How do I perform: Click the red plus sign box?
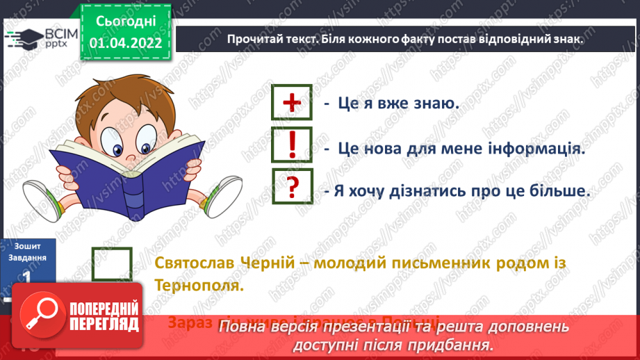click(293, 104)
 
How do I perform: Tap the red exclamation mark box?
click(293, 145)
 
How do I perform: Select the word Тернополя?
click(197, 285)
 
